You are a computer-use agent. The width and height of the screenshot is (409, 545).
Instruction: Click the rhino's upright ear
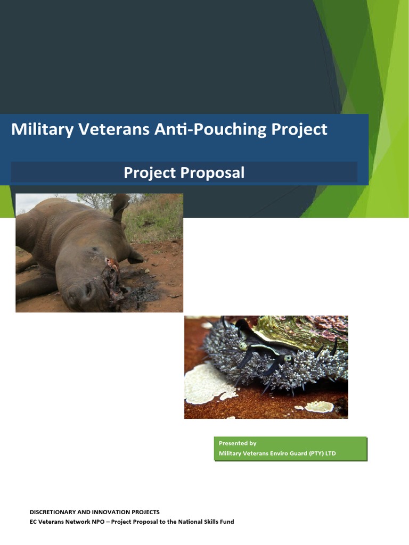[120, 204]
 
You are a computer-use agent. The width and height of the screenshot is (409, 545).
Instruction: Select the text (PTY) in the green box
[310, 454]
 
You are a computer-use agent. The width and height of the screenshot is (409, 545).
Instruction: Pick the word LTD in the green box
[330, 454]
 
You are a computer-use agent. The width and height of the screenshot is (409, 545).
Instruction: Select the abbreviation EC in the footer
[33, 522]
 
